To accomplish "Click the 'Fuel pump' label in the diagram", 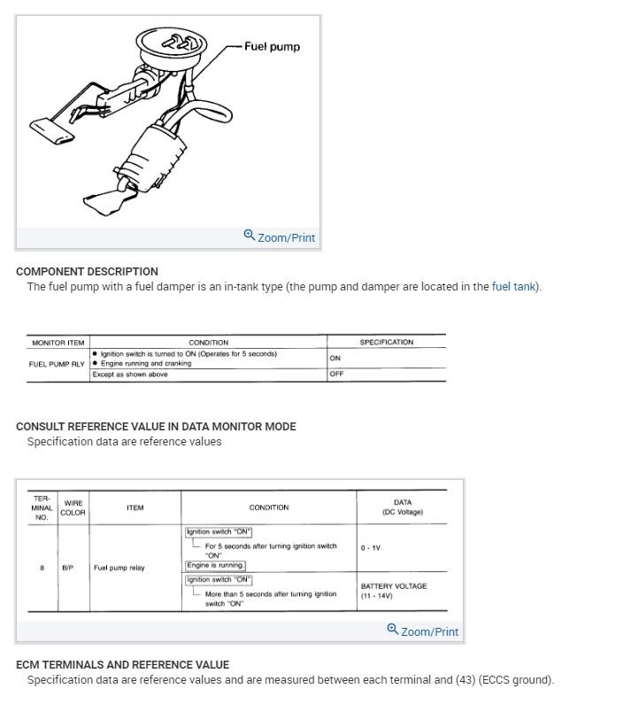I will point(272,46).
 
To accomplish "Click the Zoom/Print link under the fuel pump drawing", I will point(280,237).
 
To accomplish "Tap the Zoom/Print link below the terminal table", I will point(423,631).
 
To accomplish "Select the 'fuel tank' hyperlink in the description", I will point(512,287).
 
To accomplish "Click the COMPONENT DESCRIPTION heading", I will point(87,271).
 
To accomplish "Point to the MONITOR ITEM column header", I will point(58,343).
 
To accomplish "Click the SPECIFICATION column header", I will point(386,343).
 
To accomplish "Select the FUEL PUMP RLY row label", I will point(57,363).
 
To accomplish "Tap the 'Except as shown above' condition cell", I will point(129,375).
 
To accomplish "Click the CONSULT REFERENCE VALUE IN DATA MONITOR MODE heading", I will point(156,426).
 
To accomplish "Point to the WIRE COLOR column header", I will point(73,507).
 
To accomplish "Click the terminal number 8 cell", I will point(42,568).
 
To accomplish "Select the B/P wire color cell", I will point(68,568).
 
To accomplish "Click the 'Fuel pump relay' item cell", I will point(119,568).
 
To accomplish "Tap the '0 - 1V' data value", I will point(370,547).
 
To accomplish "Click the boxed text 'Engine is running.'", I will point(215,565).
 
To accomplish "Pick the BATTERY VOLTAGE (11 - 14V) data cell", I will point(394,591).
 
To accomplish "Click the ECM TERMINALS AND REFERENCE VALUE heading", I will point(122,664).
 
